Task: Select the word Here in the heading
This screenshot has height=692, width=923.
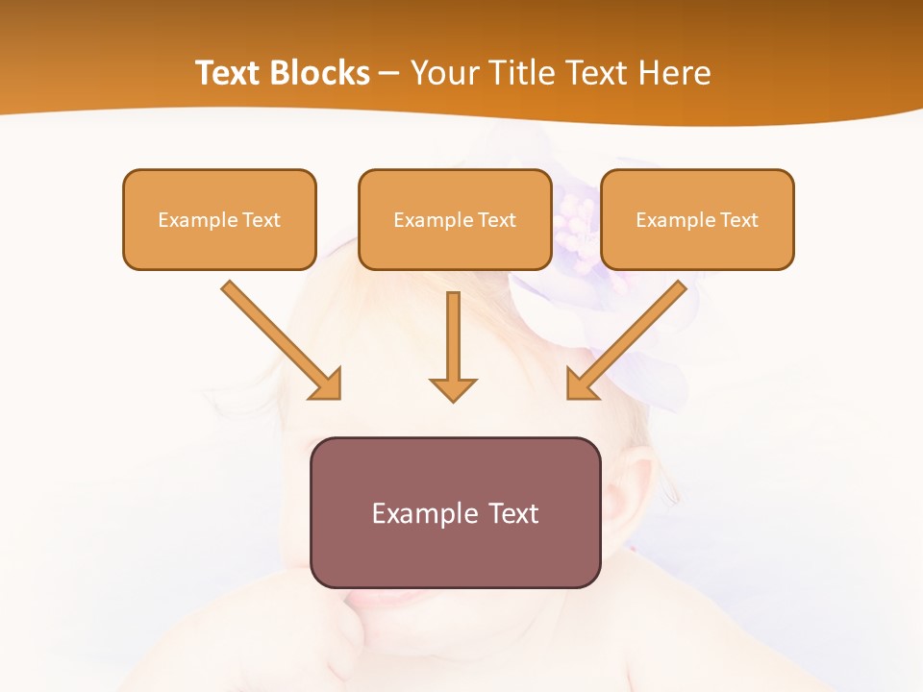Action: [673, 73]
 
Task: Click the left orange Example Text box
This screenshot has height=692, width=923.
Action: [219, 219]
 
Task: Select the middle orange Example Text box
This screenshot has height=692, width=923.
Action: [455, 219]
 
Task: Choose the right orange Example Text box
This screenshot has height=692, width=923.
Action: [697, 219]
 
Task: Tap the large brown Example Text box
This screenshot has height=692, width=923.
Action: [455, 512]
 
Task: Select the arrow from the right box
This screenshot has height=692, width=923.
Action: [631, 336]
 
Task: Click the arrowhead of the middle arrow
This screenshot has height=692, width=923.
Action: [453, 388]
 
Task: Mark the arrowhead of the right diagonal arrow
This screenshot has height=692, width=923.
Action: [581, 384]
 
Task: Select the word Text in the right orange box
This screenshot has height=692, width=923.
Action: [738, 220]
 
